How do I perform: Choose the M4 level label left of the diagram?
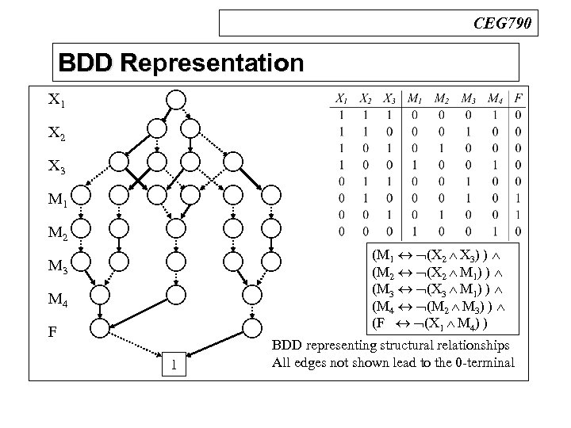58,300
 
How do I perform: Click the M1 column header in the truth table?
415,99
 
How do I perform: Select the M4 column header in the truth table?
494,99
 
